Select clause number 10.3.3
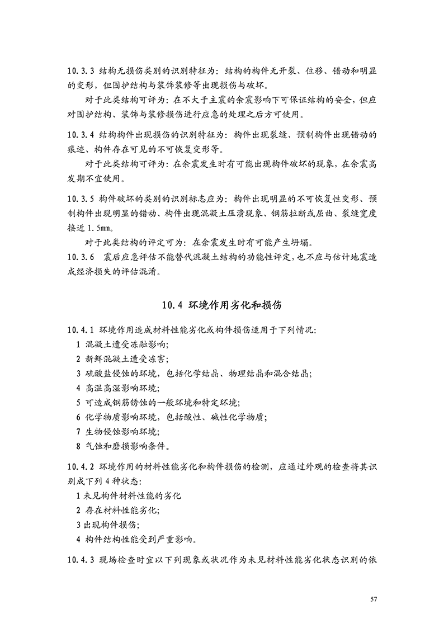coord(81,72)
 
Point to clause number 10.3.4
coord(81,135)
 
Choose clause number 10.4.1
coord(81,330)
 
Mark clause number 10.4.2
coord(81,466)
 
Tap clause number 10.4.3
coord(81,560)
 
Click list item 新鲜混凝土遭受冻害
coord(126,358)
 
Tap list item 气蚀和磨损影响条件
coord(126,446)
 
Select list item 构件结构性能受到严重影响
coord(140,540)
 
